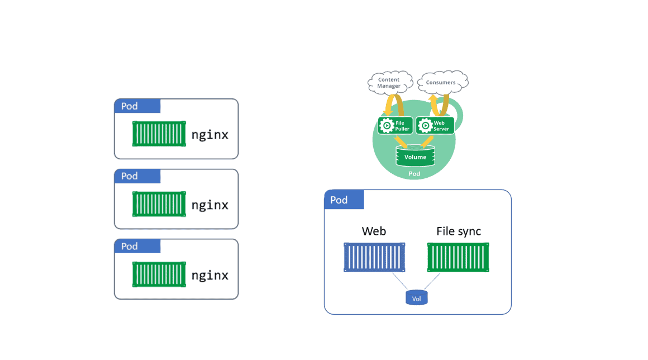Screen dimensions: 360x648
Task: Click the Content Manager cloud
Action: tap(389, 83)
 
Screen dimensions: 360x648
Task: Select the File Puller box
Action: tap(394, 125)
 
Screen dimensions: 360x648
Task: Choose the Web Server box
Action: tap(433, 125)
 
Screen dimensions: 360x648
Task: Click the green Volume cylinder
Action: tap(415, 157)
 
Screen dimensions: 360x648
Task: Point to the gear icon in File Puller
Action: tap(386, 125)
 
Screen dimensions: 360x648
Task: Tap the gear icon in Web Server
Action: tap(425, 125)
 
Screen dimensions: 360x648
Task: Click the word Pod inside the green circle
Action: tap(414, 174)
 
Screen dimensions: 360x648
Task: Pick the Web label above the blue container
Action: tap(374, 231)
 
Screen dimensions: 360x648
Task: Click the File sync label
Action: tap(458, 231)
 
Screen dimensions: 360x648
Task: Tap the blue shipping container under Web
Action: tap(374, 258)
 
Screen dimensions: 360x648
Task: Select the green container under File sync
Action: tap(458, 258)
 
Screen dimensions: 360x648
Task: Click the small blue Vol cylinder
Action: tap(416, 298)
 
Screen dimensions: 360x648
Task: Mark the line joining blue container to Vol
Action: tap(399, 281)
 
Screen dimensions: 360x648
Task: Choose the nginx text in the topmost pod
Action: tap(209, 135)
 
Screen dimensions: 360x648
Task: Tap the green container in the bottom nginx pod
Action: tap(159, 275)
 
